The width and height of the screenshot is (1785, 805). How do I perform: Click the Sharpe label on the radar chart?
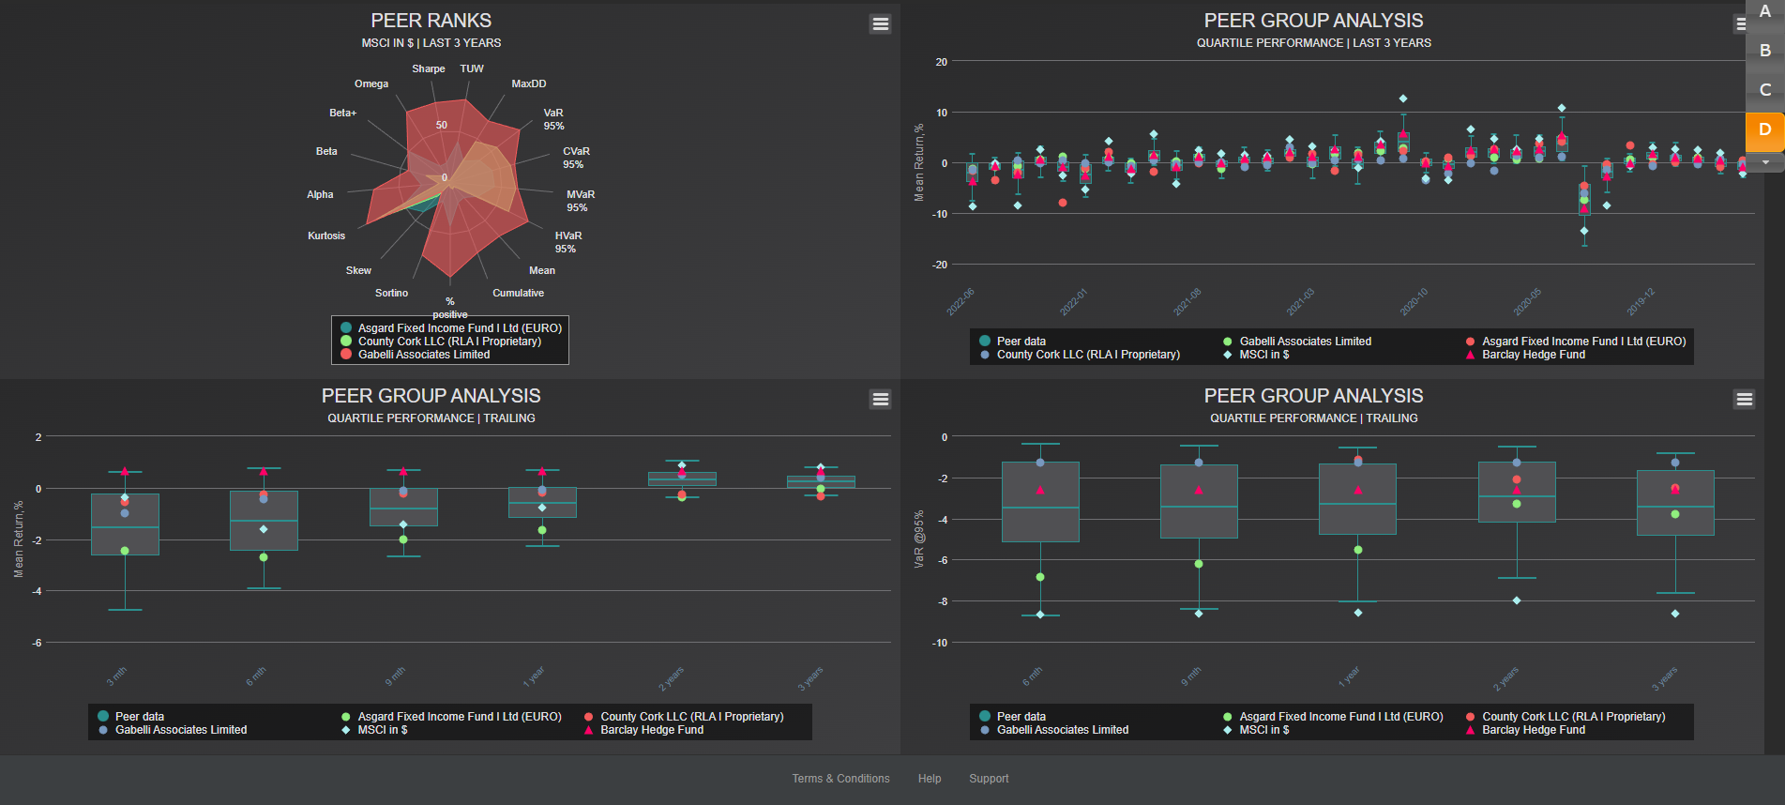coord(428,68)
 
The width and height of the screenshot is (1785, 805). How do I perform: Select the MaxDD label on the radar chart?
coord(528,84)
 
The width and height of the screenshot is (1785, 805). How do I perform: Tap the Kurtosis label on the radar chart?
coord(325,235)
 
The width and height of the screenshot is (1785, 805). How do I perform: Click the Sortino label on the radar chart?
coord(391,293)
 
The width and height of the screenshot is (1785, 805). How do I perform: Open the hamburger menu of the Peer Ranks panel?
coord(880,23)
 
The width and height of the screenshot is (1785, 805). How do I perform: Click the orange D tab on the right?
coord(1764,129)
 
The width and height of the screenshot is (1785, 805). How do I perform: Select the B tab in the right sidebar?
coord(1764,51)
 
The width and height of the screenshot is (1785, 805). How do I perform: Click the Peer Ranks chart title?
coord(431,21)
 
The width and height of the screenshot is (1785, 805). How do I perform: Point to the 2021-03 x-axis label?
coord(1300,302)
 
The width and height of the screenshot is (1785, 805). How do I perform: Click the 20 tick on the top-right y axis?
coord(941,62)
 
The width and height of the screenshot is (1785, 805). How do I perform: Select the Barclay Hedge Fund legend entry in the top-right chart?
coord(1533,355)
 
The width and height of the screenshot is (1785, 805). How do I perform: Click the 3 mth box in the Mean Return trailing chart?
coord(125,524)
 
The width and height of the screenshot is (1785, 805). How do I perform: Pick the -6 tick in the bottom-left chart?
coord(37,643)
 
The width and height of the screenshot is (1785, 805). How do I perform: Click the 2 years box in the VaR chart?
coord(1517,492)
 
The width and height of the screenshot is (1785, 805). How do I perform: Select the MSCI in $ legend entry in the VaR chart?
coord(1263,730)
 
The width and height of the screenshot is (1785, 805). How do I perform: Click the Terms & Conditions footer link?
coord(840,779)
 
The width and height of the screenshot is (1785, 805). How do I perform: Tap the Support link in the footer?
coord(989,779)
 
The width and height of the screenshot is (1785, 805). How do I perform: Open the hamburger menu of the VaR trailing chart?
coord(1744,399)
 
